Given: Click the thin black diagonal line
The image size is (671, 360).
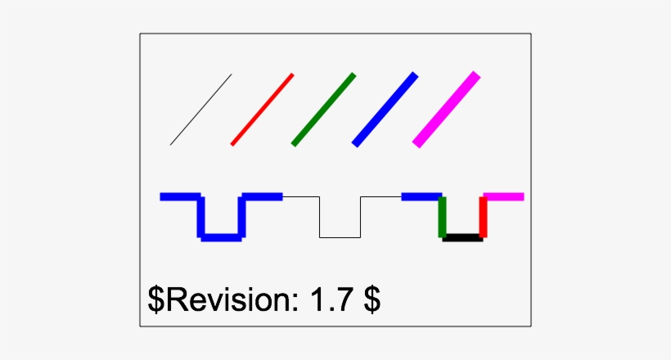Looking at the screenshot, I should [201, 110].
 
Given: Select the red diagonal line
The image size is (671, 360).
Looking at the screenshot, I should [263, 109].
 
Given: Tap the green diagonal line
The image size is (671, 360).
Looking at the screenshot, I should [324, 109].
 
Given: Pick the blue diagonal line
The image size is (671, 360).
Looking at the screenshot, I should [385, 109].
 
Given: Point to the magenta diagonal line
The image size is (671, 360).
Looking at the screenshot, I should [447, 109].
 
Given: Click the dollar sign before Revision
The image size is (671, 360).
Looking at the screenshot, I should [156, 300].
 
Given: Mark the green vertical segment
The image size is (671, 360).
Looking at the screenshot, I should [443, 218].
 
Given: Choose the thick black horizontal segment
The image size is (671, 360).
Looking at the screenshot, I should [462, 238].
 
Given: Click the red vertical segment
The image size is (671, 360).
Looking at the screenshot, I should [483, 218].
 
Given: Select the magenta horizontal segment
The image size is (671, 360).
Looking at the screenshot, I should [504, 196].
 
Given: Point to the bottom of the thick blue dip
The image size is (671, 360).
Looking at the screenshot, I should [222, 238].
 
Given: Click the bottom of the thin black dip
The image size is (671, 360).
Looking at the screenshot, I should [340, 237].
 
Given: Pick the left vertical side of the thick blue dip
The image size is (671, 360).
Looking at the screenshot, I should [201, 218].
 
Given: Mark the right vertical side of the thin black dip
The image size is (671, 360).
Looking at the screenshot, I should [360, 218].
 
